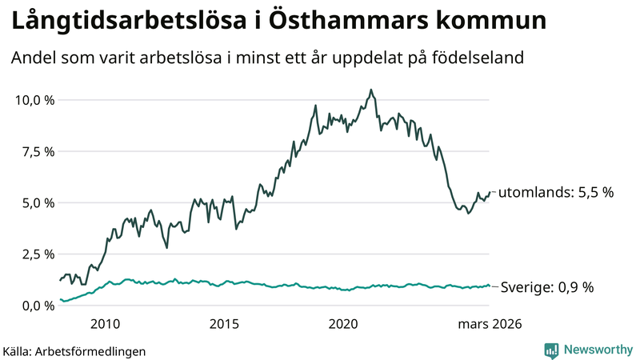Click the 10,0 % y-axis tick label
coord(34,100)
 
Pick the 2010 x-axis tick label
coord(105,324)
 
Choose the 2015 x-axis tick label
coord(224,324)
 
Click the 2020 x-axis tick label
coord(343,324)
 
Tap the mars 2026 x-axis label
coord(490,324)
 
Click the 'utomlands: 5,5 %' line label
coord(556,192)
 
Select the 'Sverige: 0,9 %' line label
coord(546,287)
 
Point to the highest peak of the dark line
coord(371,90)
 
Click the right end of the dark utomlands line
coord(489,192)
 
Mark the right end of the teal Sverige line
coord(489,286)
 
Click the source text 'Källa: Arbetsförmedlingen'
coord(74,350)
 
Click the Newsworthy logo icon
coord(551,350)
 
